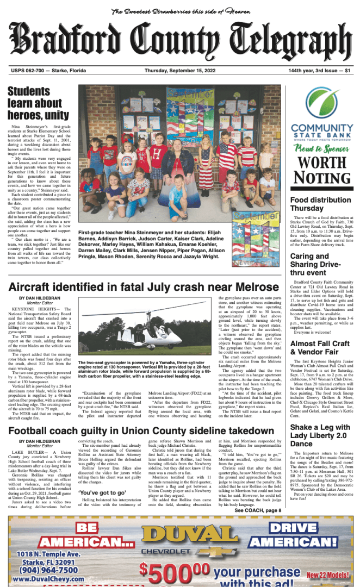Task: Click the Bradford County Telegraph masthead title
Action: pyautogui.click(x=179, y=42)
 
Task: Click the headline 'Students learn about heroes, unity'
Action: pyautogui.click(x=38, y=103)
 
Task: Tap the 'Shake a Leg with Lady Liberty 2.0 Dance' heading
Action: pyautogui.click(x=317, y=436)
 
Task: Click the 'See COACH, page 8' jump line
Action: pyautogui.click(x=258, y=510)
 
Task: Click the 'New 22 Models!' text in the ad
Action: pyautogui.click(x=328, y=575)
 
